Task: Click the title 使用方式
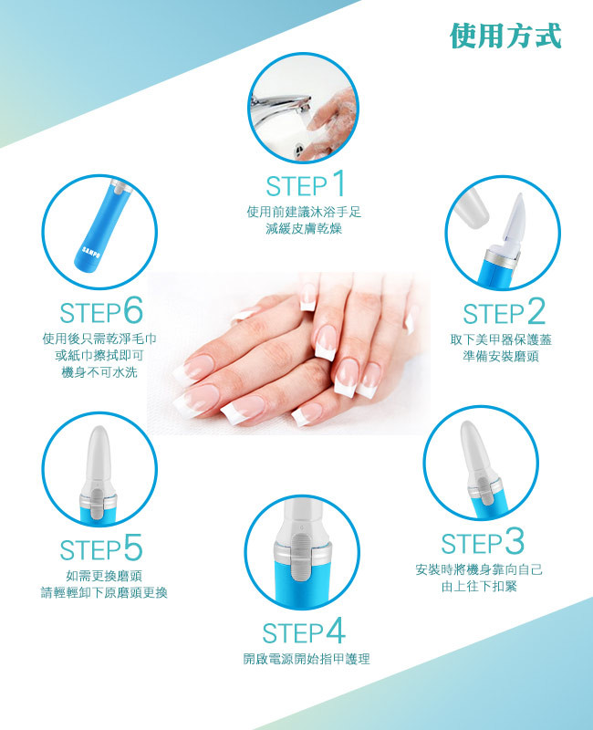pyautogui.click(x=505, y=36)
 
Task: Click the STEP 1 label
pyautogui.click(x=306, y=184)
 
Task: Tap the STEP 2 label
pyautogui.click(x=505, y=312)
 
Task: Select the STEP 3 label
pyautogui.click(x=483, y=542)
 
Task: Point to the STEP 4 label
pyautogui.click(x=304, y=631)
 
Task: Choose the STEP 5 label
pyautogui.click(x=101, y=548)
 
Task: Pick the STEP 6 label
pyautogui.click(x=101, y=311)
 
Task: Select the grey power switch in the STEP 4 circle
pyautogui.click(x=302, y=558)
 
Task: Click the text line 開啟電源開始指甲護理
pyautogui.click(x=307, y=659)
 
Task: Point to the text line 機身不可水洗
pyautogui.click(x=99, y=372)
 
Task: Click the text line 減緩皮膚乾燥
pyautogui.click(x=304, y=229)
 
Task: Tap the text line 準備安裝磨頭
pyautogui.click(x=501, y=356)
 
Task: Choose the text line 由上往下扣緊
pyautogui.click(x=480, y=586)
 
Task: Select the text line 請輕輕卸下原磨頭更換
pyautogui.click(x=104, y=592)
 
